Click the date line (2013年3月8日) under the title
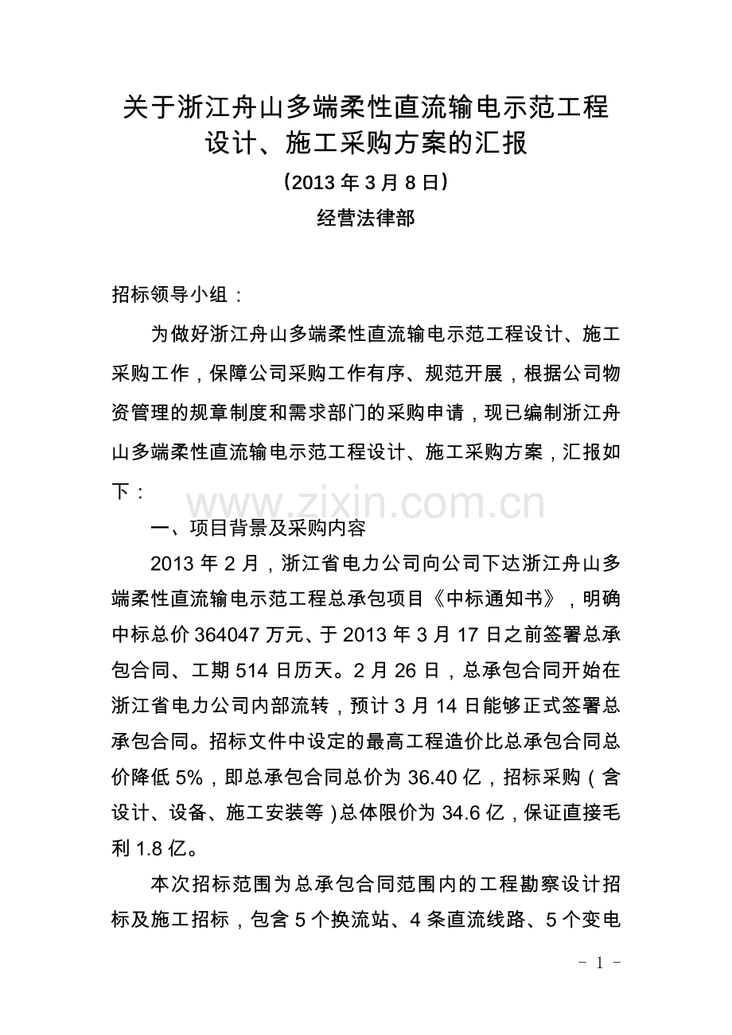pyautogui.click(x=366, y=183)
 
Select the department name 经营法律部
pyautogui.click(x=366, y=219)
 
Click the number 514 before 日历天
pyautogui.click(x=254, y=671)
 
